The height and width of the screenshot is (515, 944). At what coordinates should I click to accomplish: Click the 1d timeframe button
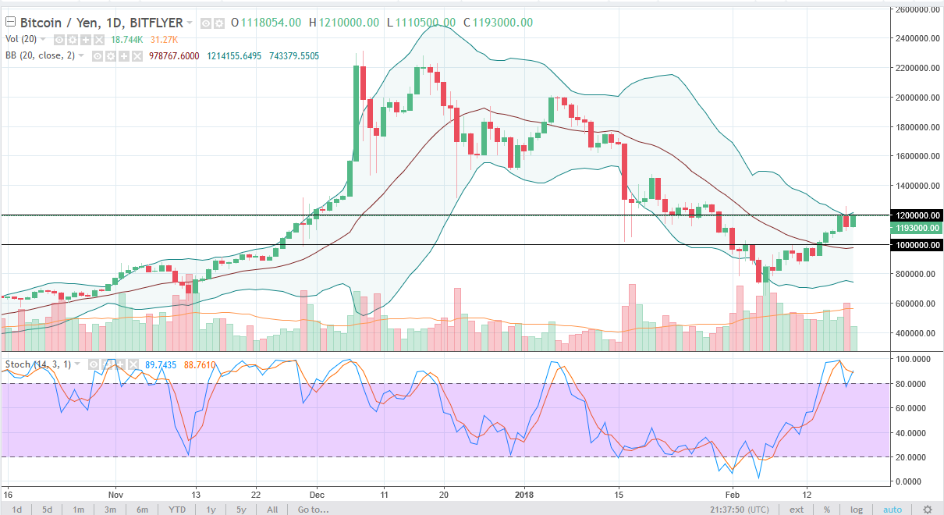tap(16, 510)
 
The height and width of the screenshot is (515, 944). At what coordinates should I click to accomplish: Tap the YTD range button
tap(176, 510)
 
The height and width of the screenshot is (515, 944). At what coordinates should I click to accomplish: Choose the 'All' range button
tap(271, 510)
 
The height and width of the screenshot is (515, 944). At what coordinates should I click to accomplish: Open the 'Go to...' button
tap(313, 510)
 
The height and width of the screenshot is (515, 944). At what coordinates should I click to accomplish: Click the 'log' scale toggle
tap(857, 510)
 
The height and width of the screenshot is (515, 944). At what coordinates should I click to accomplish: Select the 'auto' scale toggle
tap(892, 510)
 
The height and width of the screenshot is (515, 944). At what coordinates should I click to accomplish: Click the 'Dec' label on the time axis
tap(318, 494)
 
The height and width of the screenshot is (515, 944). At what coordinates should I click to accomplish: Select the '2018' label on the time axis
tap(524, 494)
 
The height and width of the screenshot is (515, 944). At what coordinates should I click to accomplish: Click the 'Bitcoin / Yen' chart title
tap(54, 23)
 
